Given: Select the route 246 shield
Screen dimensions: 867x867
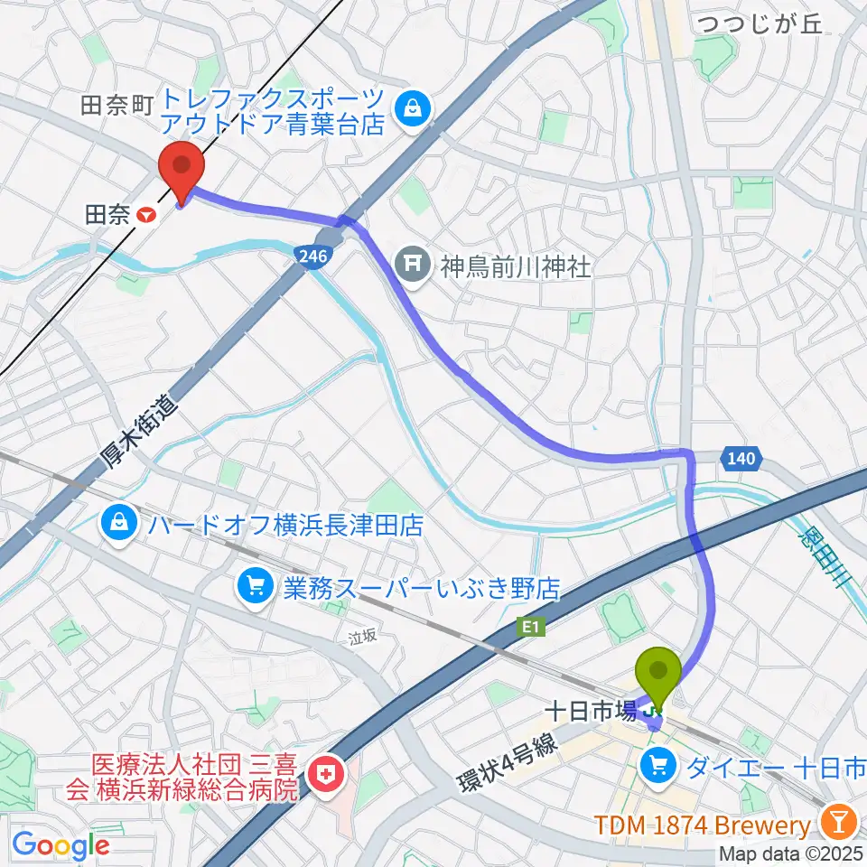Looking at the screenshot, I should pos(309,257).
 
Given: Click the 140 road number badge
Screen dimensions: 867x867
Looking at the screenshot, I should pos(739,460).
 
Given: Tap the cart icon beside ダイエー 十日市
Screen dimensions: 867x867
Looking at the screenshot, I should pos(657,768).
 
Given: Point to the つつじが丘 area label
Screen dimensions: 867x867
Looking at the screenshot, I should pos(760,24).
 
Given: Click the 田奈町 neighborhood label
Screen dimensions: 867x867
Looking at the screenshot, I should pos(118,106).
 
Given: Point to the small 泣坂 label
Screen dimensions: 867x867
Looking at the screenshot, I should pos(362,636).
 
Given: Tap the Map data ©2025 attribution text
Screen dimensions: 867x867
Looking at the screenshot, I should pos(791,853).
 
